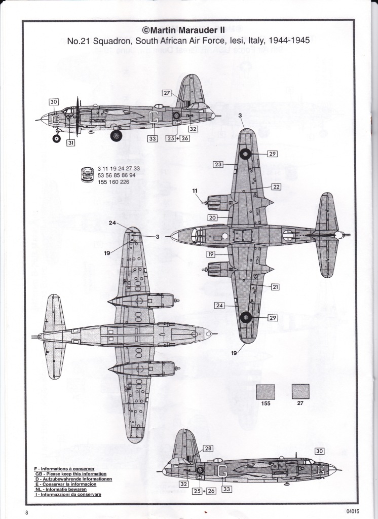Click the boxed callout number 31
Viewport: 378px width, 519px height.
(70, 142)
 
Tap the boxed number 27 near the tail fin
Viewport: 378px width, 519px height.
(167, 93)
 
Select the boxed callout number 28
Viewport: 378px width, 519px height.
(208, 449)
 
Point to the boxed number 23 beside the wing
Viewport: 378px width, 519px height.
(218, 165)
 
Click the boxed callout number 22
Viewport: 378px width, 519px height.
(276, 187)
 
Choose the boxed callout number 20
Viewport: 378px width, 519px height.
(212, 217)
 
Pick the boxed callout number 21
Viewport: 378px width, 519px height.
(275, 287)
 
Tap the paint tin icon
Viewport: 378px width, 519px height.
(88, 174)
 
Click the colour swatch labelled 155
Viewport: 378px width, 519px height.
(266, 392)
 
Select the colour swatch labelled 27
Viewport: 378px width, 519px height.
(300, 392)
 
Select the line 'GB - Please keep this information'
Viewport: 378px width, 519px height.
(71, 474)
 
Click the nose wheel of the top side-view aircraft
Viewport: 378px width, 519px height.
(57, 138)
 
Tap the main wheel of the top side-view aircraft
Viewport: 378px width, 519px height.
(116, 135)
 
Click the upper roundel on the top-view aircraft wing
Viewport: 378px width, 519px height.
(246, 154)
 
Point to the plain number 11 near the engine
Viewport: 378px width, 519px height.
(195, 191)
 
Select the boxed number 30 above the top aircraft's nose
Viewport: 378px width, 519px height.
(54, 102)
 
